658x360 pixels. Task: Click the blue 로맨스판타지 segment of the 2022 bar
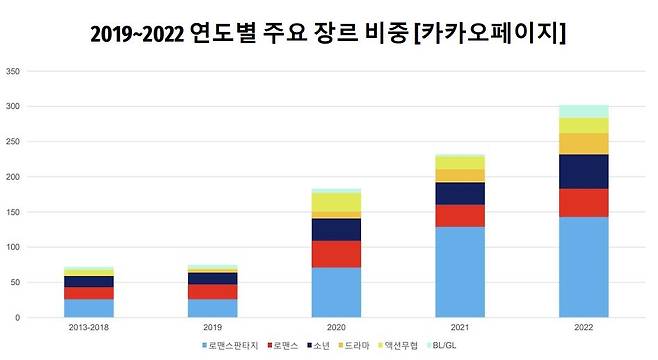pos(584,266)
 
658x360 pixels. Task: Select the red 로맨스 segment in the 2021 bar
pos(460,216)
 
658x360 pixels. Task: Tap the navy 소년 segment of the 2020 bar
pos(336,229)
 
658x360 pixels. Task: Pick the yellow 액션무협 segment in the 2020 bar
pos(336,202)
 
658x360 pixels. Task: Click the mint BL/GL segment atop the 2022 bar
pos(584,111)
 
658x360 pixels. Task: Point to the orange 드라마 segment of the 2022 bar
pos(584,143)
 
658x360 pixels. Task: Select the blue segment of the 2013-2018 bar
pos(88,307)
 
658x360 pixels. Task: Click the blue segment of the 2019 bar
pos(212,307)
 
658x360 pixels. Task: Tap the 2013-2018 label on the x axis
pos(88,326)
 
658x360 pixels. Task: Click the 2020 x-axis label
pos(336,326)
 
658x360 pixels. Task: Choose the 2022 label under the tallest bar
pos(584,326)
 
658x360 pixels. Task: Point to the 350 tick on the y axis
pos(12,72)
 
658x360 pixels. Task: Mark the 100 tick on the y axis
pos(12,247)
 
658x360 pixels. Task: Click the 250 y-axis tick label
pos(12,142)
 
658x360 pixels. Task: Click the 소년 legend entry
pos(319,345)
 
